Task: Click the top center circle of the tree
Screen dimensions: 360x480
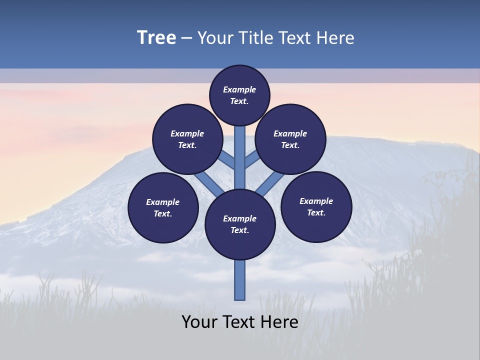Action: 239,95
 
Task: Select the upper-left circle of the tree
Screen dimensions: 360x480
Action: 187,139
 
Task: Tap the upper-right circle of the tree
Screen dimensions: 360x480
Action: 290,139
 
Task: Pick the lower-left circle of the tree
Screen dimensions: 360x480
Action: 163,207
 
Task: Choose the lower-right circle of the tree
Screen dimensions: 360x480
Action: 316,206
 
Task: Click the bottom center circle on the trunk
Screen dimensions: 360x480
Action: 240,224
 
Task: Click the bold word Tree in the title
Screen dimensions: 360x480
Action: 156,37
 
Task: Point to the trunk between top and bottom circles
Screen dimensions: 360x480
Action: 240,160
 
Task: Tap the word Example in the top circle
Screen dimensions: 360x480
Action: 239,89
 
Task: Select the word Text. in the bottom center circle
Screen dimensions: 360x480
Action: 239,230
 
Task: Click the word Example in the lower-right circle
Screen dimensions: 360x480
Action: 316,201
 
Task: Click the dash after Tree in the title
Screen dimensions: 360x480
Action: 186,38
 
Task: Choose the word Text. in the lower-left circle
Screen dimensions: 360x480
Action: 163,213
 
